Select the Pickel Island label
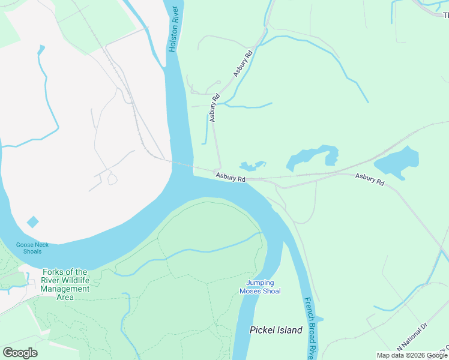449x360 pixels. tap(276, 330)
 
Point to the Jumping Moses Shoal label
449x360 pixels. tap(260, 287)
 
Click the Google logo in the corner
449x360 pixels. tap(20, 352)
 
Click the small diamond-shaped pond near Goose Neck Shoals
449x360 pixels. tap(32, 222)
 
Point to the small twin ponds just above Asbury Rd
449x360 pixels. tap(252, 166)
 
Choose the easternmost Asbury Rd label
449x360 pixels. tap(369, 179)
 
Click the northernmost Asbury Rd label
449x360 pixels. tap(243, 63)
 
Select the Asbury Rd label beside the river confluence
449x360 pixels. tap(231, 178)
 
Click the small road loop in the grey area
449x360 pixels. tap(112, 179)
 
